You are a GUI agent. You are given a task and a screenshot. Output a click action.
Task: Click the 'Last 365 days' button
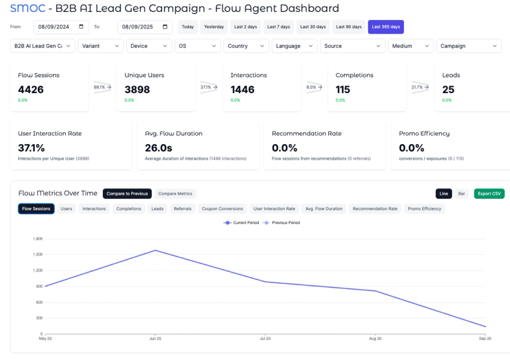(385, 27)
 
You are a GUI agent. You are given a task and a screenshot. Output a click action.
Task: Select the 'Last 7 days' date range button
(279, 27)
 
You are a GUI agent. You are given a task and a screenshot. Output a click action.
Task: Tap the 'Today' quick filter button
(188, 27)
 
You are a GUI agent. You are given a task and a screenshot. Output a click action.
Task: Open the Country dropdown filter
(246, 46)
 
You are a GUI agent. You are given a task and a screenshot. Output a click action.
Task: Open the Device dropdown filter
(148, 46)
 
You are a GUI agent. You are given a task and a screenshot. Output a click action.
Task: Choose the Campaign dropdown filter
(468, 46)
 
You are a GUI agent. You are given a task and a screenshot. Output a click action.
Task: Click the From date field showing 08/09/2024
(61, 27)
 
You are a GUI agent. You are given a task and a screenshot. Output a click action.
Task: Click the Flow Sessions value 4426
(31, 89)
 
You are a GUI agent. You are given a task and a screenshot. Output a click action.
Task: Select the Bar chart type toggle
(461, 194)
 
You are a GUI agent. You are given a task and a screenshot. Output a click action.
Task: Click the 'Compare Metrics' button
(175, 194)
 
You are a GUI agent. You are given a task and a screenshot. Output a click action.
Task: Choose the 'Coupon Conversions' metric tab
(223, 209)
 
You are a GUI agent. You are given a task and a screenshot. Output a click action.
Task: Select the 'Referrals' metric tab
(183, 209)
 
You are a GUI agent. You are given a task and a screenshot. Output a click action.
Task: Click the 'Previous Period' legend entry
(280, 222)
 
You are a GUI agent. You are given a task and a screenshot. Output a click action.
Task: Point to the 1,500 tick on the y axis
(38, 254)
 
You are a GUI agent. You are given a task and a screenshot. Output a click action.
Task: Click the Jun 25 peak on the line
(155, 250)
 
